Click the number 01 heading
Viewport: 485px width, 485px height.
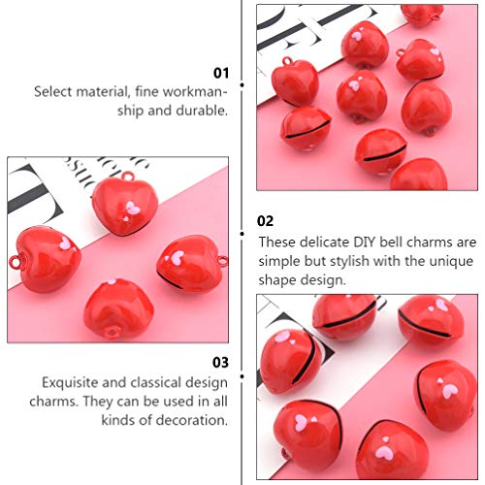(x=221, y=73)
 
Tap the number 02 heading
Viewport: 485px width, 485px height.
(x=266, y=221)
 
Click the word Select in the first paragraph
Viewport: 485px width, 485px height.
(x=54, y=92)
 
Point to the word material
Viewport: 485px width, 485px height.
(x=104, y=92)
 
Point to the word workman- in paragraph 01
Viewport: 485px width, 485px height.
(x=196, y=92)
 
